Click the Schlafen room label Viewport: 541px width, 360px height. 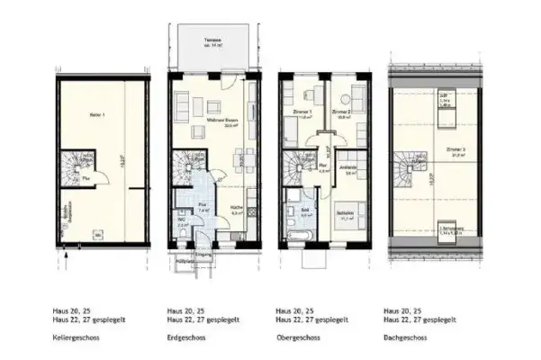[x=344, y=213]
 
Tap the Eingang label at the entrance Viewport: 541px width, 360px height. [x=212, y=255]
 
